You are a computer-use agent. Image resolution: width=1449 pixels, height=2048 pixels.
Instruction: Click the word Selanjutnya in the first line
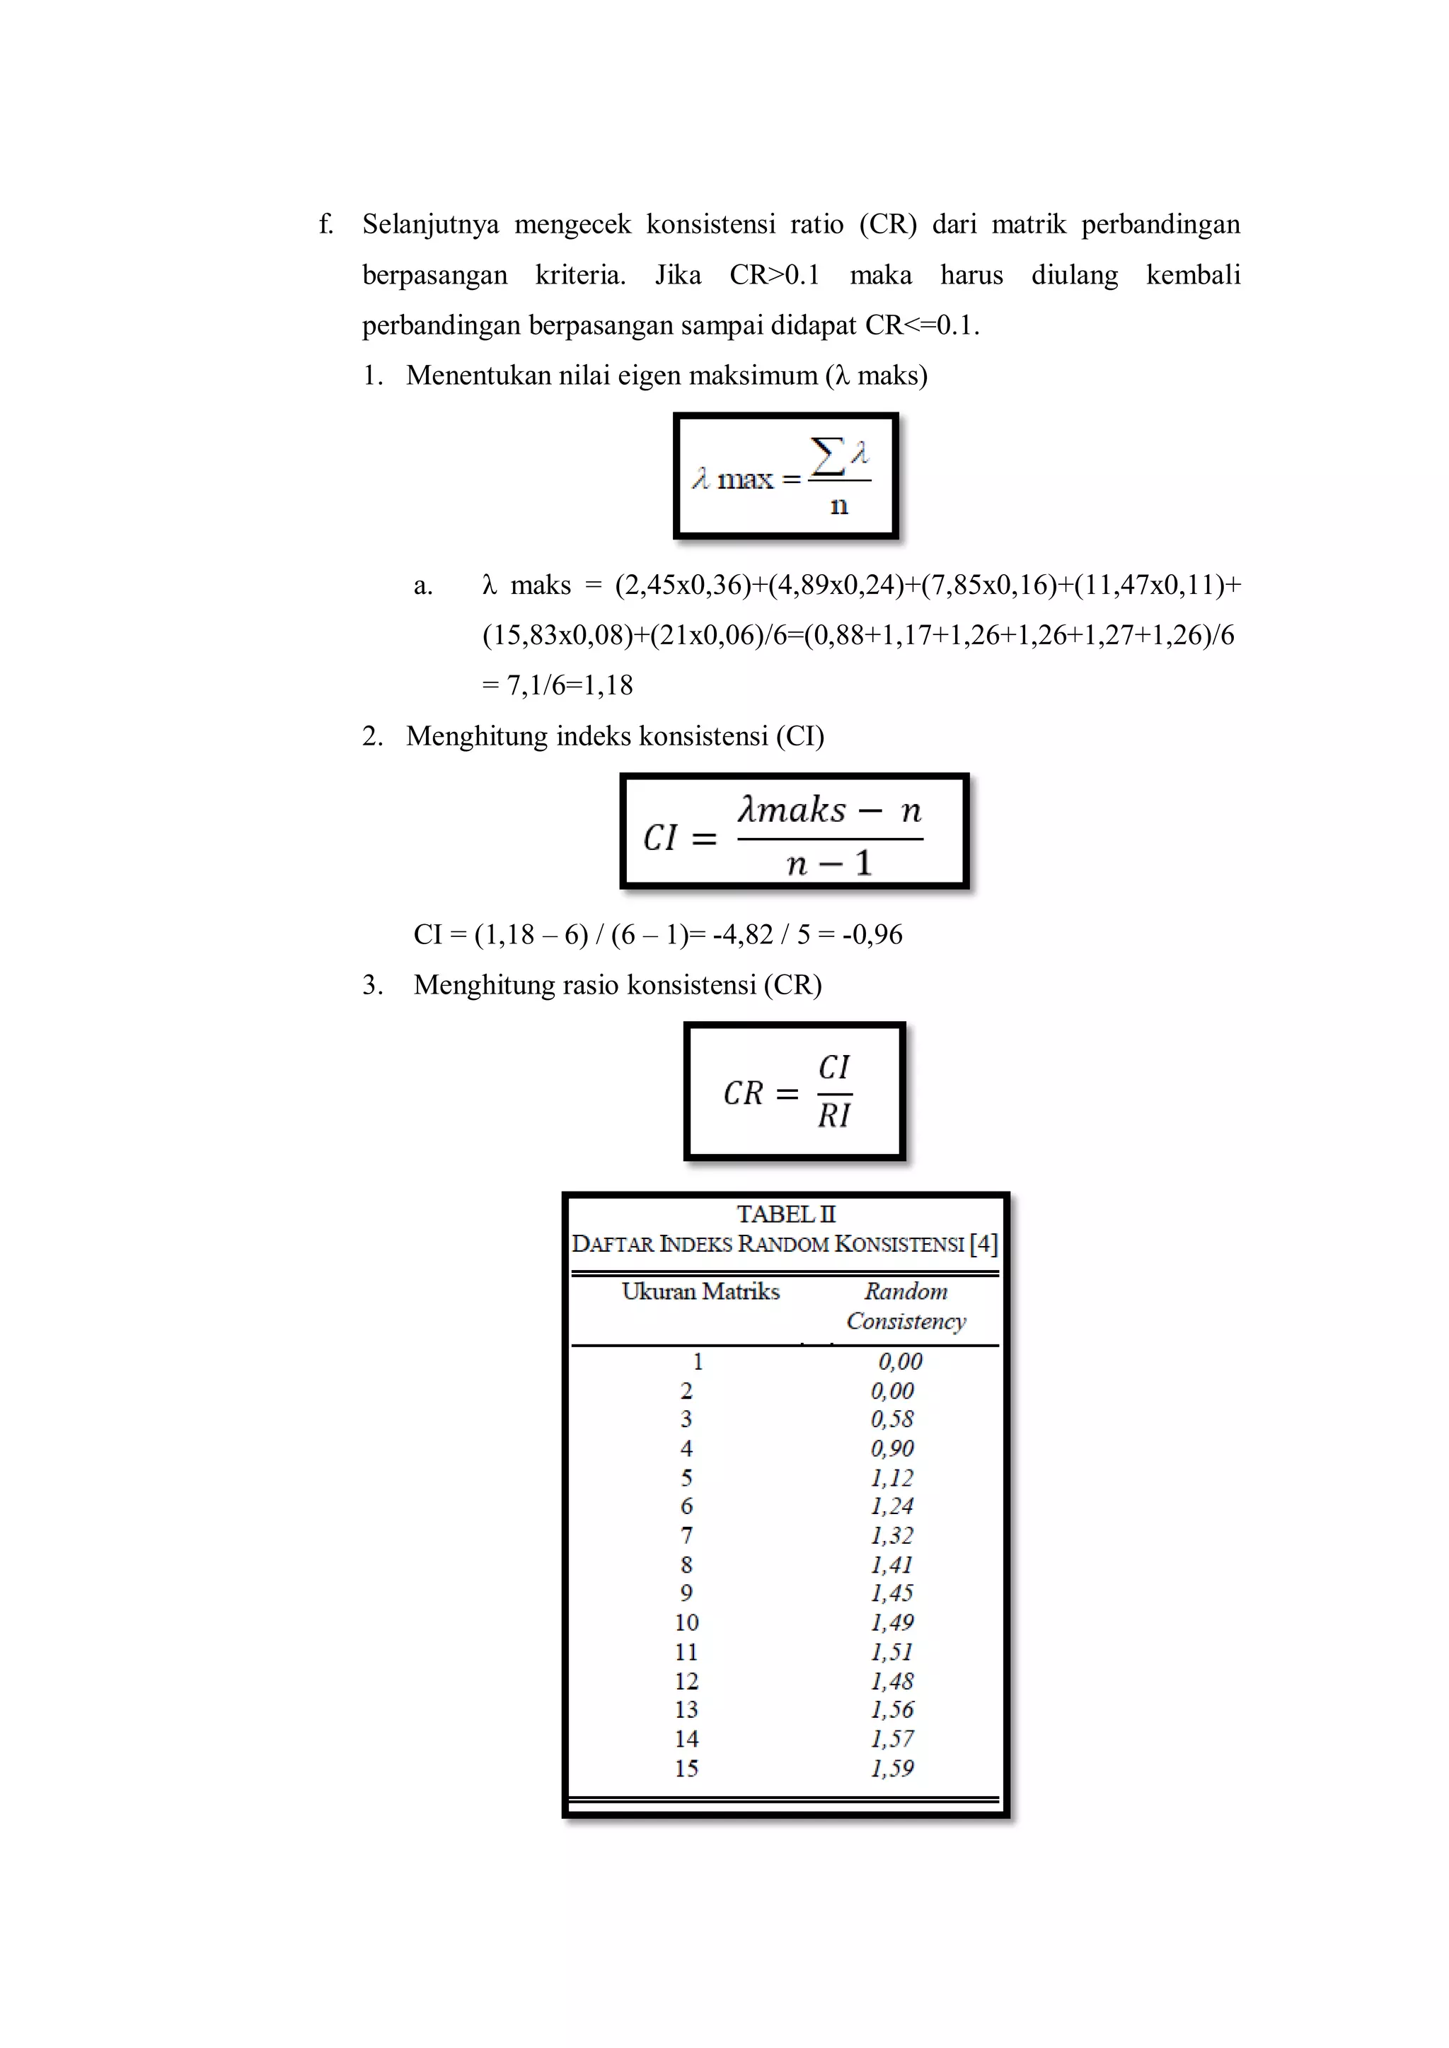430,224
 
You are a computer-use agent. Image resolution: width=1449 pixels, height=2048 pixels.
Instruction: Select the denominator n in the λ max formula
838,506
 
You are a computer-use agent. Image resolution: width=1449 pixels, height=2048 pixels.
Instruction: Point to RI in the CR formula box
834,1116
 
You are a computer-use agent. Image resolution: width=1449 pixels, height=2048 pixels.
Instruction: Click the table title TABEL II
786,1214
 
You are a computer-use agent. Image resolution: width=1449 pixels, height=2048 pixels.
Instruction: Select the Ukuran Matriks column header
700,1291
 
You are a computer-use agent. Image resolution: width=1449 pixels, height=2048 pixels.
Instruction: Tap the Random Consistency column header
906,1306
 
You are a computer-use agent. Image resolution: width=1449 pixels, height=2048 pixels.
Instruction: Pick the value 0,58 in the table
892,1419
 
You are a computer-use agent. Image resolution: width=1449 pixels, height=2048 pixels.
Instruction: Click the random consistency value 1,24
892,1506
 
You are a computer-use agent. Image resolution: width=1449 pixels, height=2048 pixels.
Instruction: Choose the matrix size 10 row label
686,1622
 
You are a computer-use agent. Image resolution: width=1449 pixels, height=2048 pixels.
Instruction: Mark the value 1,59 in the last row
892,1768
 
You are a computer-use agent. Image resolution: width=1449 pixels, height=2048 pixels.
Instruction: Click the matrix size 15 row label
686,1768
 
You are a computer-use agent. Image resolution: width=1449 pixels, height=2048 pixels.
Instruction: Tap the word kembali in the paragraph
1193,274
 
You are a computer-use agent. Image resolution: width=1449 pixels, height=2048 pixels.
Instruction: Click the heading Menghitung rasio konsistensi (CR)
618,985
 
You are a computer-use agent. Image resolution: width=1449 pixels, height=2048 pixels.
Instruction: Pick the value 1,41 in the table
892,1564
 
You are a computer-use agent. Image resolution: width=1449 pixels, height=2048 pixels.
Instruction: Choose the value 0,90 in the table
892,1448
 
